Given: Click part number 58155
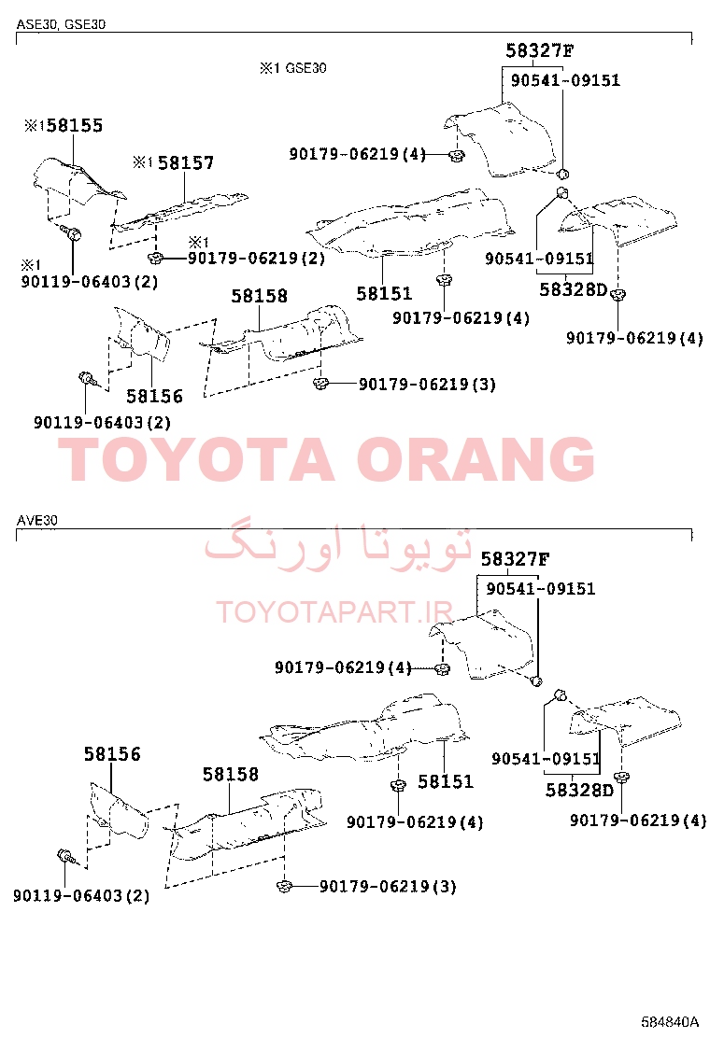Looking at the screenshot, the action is click(x=75, y=126).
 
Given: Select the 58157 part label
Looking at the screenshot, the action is click(x=186, y=162).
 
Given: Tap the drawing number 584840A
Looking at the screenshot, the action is click(x=670, y=1021).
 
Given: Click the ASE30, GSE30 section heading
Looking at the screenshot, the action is click(x=61, y=24).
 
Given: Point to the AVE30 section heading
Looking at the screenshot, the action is click(x=37, y=520).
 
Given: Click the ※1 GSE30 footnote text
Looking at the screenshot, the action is click(x=292, y=68).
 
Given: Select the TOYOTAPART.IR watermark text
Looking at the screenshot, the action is click(x=334, y=612).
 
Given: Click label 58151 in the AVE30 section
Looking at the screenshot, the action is click(x=446, y=782).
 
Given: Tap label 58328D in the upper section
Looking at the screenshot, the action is click(x=574, y=290).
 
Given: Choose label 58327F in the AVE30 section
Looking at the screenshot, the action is click(x=516, y=559).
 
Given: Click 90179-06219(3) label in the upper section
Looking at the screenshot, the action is click(x=427, y=385).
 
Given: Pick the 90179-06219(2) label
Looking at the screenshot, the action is click(x=256, y=259).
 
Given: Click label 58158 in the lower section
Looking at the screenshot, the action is click(x=231, y=775).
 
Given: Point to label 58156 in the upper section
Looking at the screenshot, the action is click(x=154, y=397).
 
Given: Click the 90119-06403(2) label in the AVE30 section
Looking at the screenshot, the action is click(x=81, y=896).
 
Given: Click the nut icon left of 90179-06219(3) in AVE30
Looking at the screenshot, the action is click(x=284, y=887).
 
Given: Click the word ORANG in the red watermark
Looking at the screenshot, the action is click(x=476, y=458).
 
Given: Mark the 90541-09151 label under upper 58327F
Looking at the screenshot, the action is click(x=565, y=81).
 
